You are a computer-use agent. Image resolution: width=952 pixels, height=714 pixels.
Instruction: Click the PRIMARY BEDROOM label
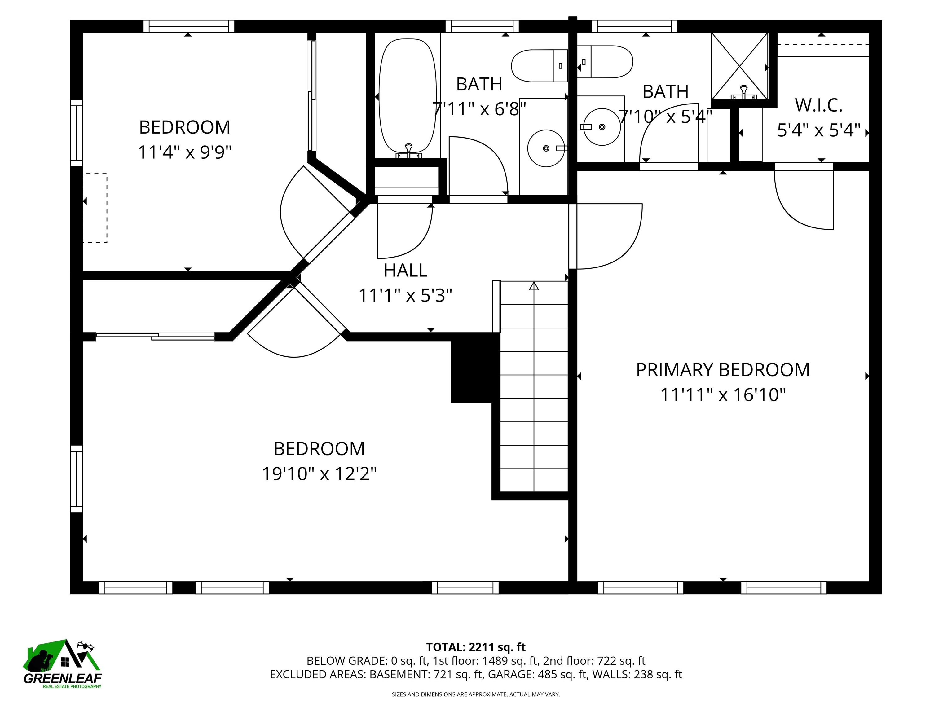tap(723, 370)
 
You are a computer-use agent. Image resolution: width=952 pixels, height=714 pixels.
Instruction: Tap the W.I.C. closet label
tap(818, 105)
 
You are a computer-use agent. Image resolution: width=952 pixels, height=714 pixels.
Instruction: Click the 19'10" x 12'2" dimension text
tap(319, 474)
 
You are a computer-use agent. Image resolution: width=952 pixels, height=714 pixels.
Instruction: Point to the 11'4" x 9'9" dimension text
tap(185, 152)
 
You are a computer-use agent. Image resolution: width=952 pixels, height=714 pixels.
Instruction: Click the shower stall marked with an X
tap(739, 66)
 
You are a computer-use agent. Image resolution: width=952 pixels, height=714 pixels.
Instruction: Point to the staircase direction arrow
tap(534, 286)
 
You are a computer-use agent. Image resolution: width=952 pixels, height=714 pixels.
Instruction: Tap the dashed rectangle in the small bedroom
tap(95, 208)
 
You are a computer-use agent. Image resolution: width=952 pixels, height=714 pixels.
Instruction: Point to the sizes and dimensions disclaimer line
tap(476, 694)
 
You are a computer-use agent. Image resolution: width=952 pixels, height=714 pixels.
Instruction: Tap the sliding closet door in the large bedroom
tap(155, 336)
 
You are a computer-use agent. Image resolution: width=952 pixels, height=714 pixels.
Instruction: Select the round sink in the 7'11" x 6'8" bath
tap(546, 148)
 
